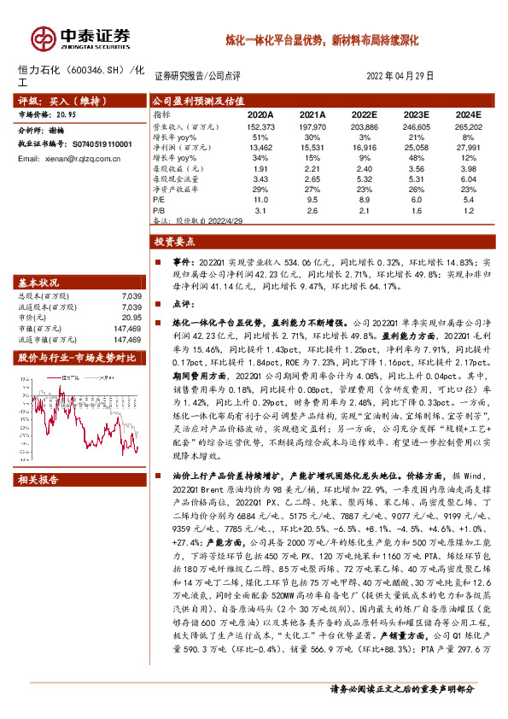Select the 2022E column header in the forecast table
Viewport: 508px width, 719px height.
[x=364, y=114]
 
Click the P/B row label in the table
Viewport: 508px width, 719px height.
[x=160, y=209]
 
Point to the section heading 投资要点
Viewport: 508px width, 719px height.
[x=178, y=243]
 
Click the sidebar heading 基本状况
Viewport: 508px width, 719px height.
[x=38, y=283]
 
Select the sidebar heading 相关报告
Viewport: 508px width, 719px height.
[x=38, y=480]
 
